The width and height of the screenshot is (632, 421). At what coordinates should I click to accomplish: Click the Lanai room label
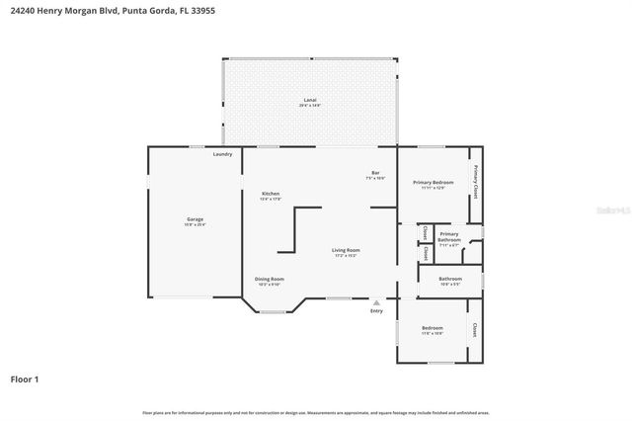309,100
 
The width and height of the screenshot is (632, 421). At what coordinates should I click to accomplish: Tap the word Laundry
223,154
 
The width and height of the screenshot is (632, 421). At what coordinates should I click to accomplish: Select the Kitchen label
271,193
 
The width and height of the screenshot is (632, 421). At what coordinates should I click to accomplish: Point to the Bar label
374,173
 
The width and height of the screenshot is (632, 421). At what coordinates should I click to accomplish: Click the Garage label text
195,219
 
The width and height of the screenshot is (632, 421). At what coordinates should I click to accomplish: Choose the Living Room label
345,250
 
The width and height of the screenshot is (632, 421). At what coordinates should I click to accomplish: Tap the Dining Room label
270,279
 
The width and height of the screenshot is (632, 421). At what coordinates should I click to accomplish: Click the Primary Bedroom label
434,182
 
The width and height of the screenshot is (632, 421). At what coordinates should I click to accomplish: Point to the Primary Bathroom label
449,237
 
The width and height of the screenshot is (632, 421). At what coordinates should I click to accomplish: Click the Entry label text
376,311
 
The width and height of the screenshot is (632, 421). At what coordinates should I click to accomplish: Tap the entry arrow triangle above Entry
376,302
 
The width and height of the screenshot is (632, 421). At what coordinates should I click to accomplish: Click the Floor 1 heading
26,379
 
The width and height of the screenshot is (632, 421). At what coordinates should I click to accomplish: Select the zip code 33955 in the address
202,10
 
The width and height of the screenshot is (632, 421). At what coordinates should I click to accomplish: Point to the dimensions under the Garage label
195,225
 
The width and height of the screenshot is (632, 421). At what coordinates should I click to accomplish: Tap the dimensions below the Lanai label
309,106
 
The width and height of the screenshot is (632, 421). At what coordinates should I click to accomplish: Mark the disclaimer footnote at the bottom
315,412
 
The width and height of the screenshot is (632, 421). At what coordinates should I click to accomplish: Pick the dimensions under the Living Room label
345,256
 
